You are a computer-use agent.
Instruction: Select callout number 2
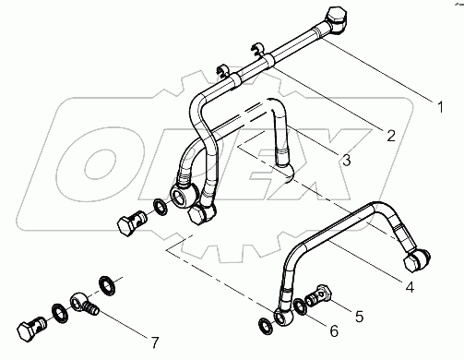coord(391,135)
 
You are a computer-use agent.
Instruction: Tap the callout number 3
coord(346,160)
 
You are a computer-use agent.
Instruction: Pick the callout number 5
coord(360,315)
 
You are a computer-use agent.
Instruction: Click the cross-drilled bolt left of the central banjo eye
coord(130,222)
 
